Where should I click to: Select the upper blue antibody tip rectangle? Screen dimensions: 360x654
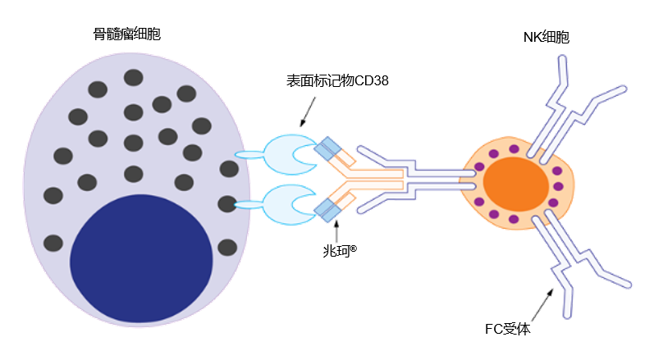point(329,148)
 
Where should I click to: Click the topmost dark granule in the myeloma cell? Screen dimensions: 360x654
point(134,78)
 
